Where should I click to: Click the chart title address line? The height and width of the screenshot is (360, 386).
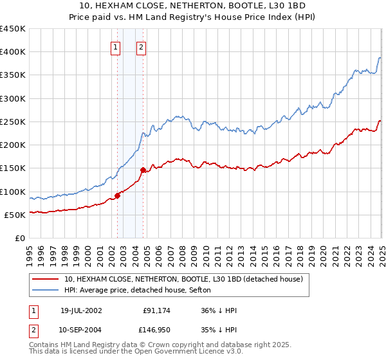click(x=192, y=5)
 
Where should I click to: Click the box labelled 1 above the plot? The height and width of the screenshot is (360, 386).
click(x=115, y=46)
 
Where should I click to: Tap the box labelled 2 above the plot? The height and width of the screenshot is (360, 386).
click(x=141, y=46)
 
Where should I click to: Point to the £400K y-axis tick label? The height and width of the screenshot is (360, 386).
click(x=13, y=52)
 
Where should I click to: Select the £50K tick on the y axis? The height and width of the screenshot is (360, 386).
click(x=15, y=215)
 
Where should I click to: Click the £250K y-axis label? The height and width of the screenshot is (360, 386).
click(x=13, y=122)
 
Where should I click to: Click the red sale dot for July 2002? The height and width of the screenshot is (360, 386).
click(x=118, y=195)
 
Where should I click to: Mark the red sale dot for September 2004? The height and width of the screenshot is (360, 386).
click(x=143, y=170)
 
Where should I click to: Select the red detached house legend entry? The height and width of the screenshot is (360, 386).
click(x=187, y=279)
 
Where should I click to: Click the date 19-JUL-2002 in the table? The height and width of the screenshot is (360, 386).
click(x=81, y=310)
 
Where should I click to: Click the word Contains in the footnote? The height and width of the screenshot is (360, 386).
click(x=44, y=346)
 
